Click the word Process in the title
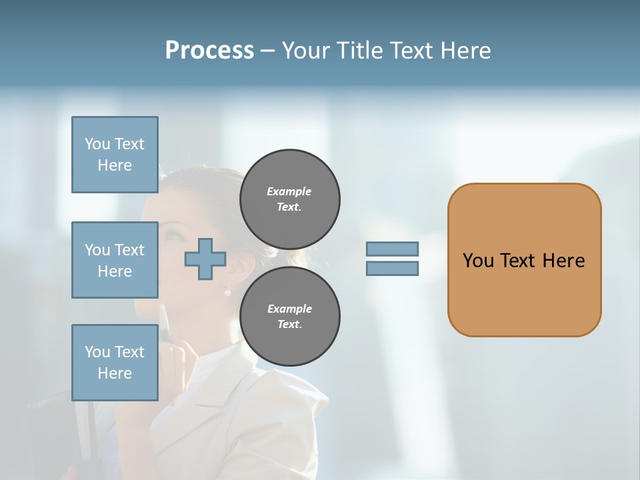pyautogui.click(x=209, y=50)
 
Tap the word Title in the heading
pyautogui.click(x=361, y=50)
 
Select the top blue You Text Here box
pyautogui.click(x=115, y=155)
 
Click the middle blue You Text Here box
pyautogui.click(x=115, y=260)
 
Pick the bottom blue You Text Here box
pyautogui.click(x=115, y=362)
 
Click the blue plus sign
pyautogui.click(x=205, y=259)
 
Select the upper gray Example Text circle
pyautogui.click(x=289, y=199)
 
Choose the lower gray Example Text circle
pyautogui.click(x=289, y=316)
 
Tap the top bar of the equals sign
pyautogui.click(x=392, y=249)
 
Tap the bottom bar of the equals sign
pyautogui.click(x=392, y=268)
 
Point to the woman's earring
pyautogui.click(x=227, y=291)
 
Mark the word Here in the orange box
pyautogui.click(x=563, y=260)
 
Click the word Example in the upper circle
pyautogui.click(x=289, y=191)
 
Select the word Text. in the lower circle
pyautogui.click(x=289, y=324)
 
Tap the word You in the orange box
pyautogui.click(x=478, y=260)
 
